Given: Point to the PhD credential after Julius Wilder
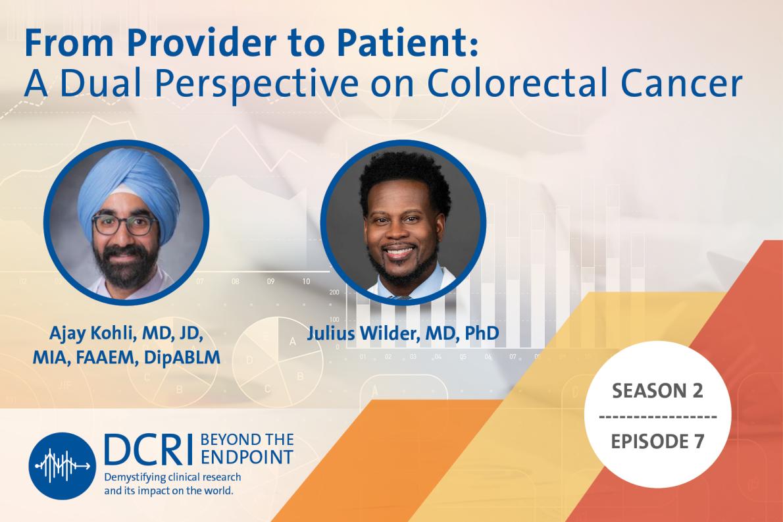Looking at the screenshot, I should pyautogui.click(x=480, y=333).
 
